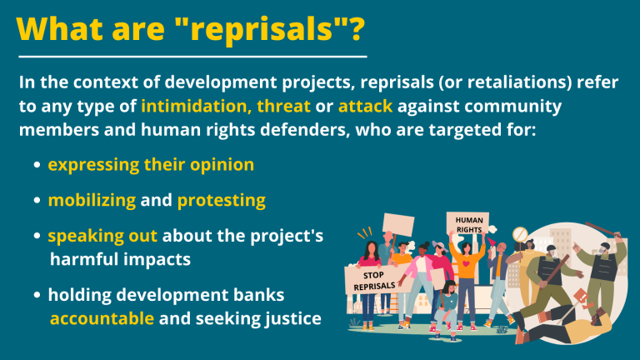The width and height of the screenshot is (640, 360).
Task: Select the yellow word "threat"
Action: click(x=283, y=106)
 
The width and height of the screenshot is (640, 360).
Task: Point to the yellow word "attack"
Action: click(x=365, y=106)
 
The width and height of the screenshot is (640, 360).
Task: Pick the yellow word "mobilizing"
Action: click(x=92, y=200)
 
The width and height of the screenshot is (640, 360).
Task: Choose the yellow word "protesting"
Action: click(x=221, y=200)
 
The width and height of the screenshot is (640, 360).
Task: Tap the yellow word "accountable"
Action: click(x=102, y=319)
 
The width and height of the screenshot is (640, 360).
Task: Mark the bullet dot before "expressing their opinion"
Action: click(x=37, y=165)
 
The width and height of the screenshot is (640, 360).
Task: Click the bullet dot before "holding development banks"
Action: click(x=37, y=295)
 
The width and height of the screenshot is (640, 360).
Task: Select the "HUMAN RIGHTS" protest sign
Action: click(x=468, y=223)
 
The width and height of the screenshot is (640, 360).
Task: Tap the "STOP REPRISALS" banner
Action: click(x=373, y=280)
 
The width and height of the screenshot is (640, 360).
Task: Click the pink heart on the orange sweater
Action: click(x=466, y=264)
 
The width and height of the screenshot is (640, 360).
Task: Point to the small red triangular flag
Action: click(x=491, y=242)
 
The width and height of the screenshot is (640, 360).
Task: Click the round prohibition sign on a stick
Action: click(x=520, y=235)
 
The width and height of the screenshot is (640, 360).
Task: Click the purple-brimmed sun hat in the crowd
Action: click(x=439, y=246)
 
